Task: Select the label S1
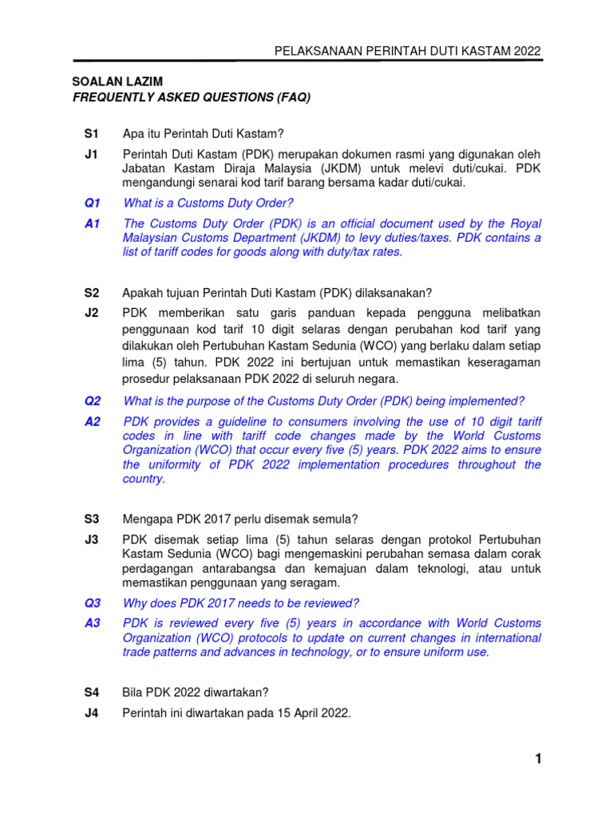point(90,132)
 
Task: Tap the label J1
point(90,153)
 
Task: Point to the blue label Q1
point(92,203)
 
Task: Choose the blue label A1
point(92,224)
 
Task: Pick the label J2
point(90,313)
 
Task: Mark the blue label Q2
point(92,401)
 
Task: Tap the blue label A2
point(92,421)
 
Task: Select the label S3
point(90,519)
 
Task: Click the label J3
point(90,539)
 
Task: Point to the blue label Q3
point(92,602)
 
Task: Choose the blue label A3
point(92,623)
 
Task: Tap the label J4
point(90,713)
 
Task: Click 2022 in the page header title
point(527,50)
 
